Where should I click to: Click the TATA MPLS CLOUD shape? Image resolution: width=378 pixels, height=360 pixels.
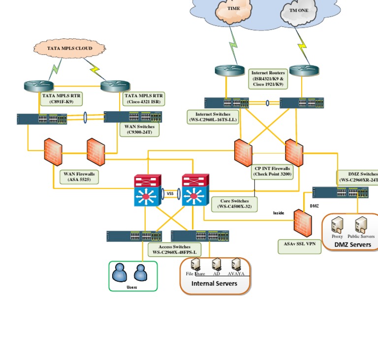69,49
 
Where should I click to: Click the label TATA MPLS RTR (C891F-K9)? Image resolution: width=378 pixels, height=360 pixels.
61,99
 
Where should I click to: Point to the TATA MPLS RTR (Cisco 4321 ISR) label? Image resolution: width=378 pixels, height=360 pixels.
143,99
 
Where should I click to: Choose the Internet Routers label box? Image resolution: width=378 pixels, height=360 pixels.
268,79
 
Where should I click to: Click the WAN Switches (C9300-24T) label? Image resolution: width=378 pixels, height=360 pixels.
140,129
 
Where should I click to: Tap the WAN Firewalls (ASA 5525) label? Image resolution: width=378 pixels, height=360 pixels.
79,177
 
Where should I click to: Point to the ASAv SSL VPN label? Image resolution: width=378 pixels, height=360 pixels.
299,244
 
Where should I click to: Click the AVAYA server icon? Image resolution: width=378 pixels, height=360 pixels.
236,265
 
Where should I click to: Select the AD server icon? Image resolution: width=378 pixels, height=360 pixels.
217,265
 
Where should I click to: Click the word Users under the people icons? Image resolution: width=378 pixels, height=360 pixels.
132,287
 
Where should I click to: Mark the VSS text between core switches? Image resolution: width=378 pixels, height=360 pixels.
170,194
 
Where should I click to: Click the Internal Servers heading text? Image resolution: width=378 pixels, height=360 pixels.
214,284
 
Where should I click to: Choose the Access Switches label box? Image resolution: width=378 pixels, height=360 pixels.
174,249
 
